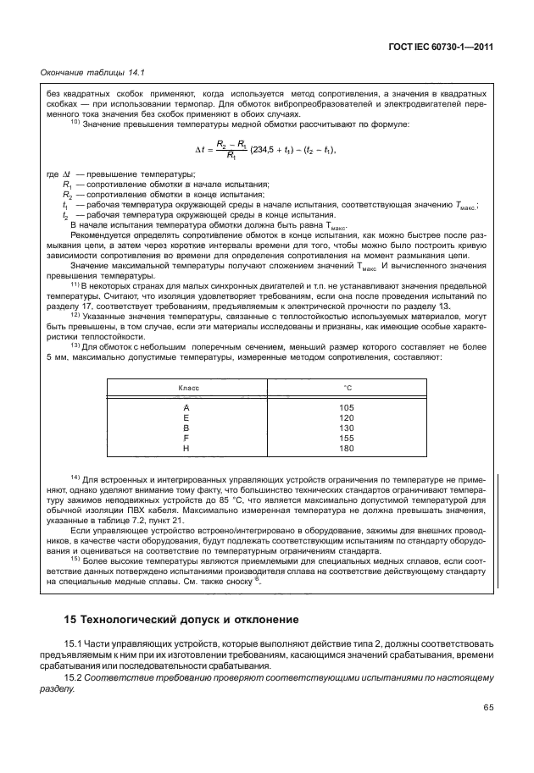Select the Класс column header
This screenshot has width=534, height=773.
tap(187, 387)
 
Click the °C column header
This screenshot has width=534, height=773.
tap(346, 387)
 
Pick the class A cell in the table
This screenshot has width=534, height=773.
tap(186, 408)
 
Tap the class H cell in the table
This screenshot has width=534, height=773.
tap(186, 449)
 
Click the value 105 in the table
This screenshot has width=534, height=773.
tap(346, 408)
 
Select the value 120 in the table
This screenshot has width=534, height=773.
tap(346, 418)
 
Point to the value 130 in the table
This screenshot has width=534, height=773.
tap(346, 428)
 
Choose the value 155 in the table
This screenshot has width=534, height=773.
tap(346, 439)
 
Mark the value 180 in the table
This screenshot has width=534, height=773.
tap(346, 449)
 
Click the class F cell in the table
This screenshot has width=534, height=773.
tap(186, 439)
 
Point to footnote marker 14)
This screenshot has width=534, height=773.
tap(75, 475)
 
